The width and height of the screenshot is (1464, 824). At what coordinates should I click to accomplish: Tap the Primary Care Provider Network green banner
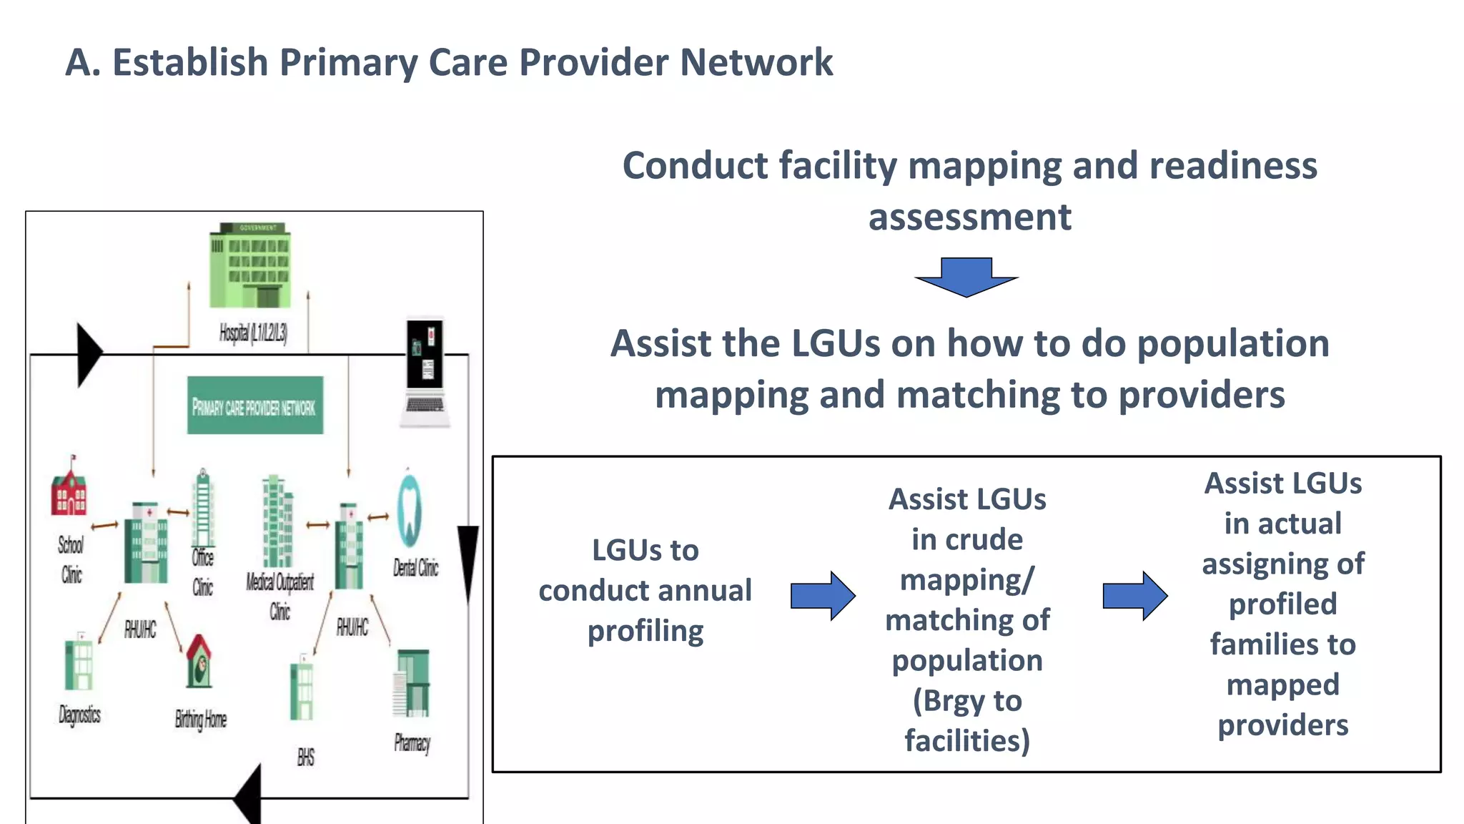255,406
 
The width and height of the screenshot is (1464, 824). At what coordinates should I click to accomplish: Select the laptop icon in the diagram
425,373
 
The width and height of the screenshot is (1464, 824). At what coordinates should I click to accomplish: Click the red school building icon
69,490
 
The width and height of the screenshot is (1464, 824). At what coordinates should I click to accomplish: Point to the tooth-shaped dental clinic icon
410,511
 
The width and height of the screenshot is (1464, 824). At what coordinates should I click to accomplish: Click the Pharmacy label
412,743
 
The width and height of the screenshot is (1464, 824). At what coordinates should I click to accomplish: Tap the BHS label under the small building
306,757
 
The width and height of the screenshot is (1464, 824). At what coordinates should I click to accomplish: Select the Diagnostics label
79,714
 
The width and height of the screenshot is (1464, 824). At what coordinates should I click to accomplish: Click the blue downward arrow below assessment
966,278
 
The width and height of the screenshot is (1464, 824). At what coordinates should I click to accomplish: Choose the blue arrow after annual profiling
823,595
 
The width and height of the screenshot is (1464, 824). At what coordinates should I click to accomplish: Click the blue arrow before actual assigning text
1135,595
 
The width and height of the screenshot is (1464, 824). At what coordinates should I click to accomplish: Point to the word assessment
969,217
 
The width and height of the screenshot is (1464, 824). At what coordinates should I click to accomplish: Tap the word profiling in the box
645,632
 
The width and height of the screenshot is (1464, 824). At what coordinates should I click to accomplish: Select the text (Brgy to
966,701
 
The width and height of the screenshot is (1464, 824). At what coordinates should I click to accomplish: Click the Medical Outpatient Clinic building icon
277,521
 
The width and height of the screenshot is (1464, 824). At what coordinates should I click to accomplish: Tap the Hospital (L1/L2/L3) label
253,333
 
